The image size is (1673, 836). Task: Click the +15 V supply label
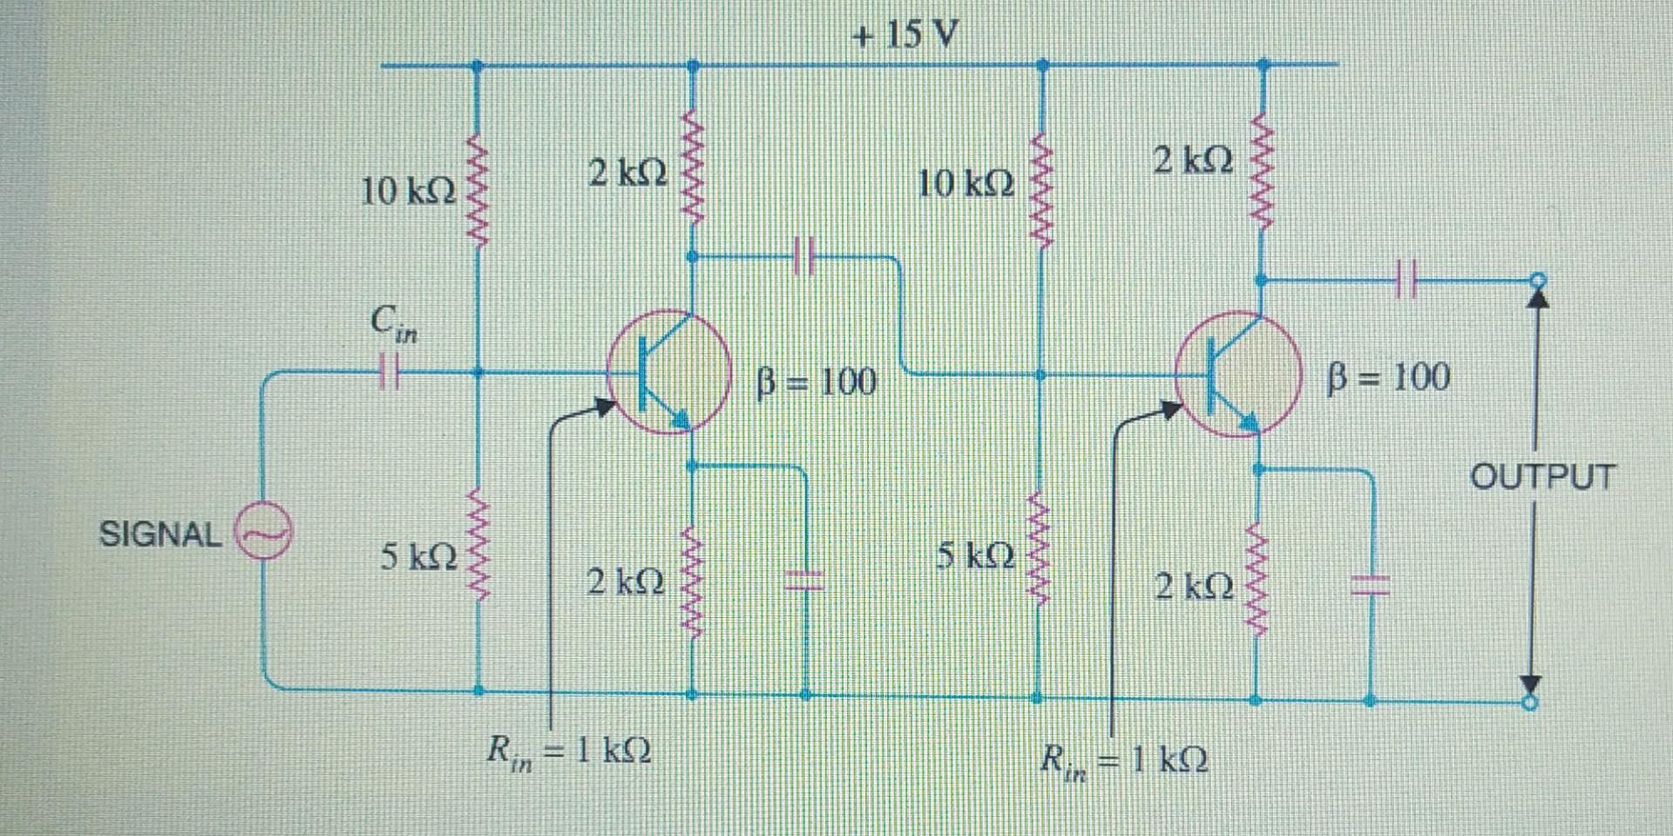coord(905,35)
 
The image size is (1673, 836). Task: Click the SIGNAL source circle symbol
coord(262,533)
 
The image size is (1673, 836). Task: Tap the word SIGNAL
coord(160,534)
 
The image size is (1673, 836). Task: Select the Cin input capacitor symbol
coord(389,372)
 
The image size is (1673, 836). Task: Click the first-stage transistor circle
coord(668,372)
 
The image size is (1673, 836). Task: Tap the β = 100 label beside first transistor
coord(816,382)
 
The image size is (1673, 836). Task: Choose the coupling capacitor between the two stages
coord(804,257)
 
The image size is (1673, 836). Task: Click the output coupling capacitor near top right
coord(1405,280)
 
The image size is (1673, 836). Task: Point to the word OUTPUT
coord(1542,477)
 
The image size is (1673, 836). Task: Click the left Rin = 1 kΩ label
coord(569,751)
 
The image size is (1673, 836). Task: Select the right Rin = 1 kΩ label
coord(1124,761)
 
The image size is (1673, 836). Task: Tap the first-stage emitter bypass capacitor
coord(805,579)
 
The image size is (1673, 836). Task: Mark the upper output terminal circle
coord(1538,280)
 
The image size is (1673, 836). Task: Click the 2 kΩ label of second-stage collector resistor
coord(1193,161)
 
